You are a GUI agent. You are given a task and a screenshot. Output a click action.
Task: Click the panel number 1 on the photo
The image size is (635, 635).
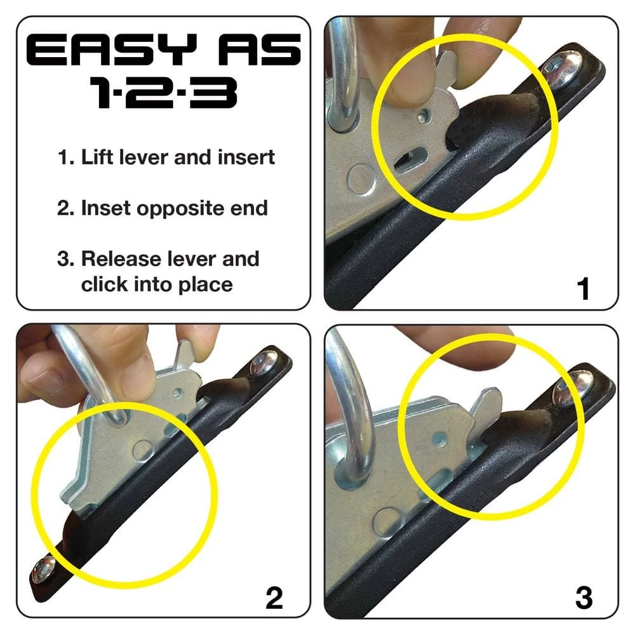(584, 289)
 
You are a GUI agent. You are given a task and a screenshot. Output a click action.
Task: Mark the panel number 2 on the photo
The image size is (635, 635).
(274, 598)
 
